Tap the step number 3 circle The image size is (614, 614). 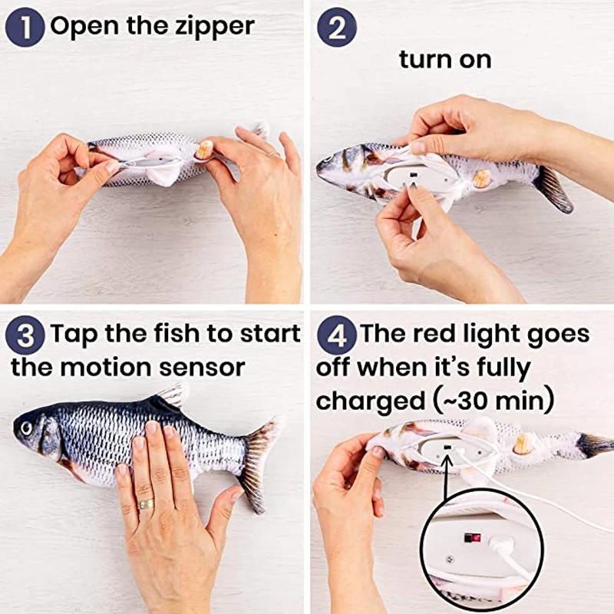pyautogui.click(x=25, y=335)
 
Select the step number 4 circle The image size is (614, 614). pyautogui.click(x=337, y=335)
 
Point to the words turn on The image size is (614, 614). pyautogui.click(x=445, y=60)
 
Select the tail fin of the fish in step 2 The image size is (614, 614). pyautogui.click(x=554, y=189)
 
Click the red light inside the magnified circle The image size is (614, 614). pyautogui.click(x=476, y=538)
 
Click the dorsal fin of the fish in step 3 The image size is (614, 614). pyautogui.click(x=171, y=397)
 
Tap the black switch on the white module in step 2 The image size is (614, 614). pyautogui.click(x=412, y=177)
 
